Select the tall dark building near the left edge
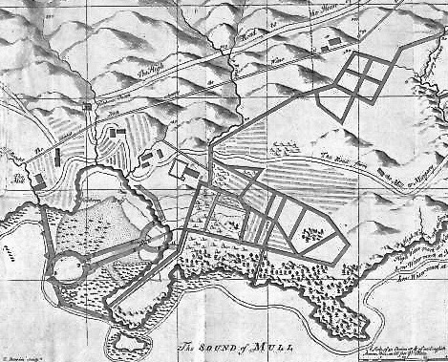[x=55, y=158]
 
